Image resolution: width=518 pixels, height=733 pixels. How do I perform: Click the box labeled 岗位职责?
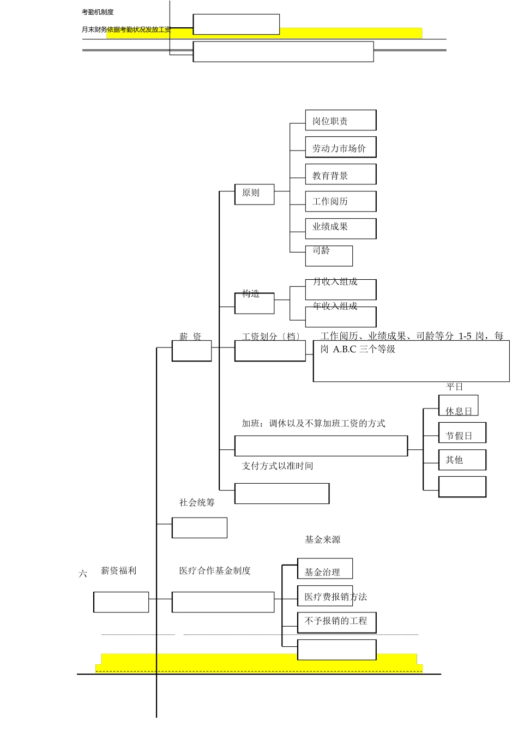[x=340, y=121]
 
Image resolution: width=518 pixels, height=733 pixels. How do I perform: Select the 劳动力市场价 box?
[x=340, y=148]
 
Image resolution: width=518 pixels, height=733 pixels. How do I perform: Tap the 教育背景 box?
[x=340, y=175]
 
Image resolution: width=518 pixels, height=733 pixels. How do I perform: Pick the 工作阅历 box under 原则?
[x=340, y=201]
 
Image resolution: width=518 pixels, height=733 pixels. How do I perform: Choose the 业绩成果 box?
[x=340, y=228]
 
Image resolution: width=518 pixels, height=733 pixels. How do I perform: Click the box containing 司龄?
[x=329, y=255]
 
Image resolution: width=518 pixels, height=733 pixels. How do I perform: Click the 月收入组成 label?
[x=335, y=281]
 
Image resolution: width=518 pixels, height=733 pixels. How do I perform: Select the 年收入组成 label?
[x=335, y=306]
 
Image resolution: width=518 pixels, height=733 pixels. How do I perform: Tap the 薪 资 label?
[x=190, y=337]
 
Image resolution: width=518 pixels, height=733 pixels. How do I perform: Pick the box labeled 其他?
[x=462, y=460]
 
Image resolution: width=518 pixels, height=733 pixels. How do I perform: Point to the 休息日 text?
[x=459, y=411]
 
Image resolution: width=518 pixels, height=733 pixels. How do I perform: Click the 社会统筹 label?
[x=197, y=502]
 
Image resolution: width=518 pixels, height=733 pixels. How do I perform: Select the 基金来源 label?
[x=322, y=539]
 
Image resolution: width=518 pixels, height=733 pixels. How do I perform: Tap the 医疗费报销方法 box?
[x=336, y=597]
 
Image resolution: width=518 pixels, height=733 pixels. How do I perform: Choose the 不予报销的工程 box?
[x=336, y=621]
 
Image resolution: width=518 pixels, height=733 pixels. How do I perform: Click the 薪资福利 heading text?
[x=118, y=570]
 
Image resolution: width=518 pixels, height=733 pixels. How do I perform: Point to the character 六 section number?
[x=83, y=574]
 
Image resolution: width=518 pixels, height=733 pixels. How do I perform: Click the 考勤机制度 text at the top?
[x=98, y=12]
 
